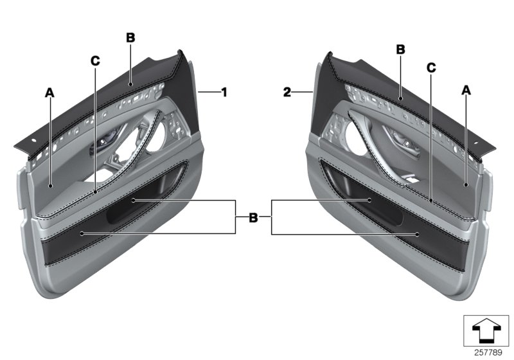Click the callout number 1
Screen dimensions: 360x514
pyautogui.click(x=224, y=93)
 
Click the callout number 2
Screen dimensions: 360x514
pyautogui.click(x=287, y=93)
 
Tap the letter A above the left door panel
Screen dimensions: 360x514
pyautogui.click(x=49, y=93)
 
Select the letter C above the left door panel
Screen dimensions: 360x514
pyautogui.click(x=95, y=62)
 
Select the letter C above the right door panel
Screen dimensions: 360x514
pyautogui.click(x=431, y=67)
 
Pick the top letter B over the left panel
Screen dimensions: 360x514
pyautogui.click(x=130, y=38)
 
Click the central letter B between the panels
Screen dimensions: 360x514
pyautogui.click(x=253, y=219)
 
